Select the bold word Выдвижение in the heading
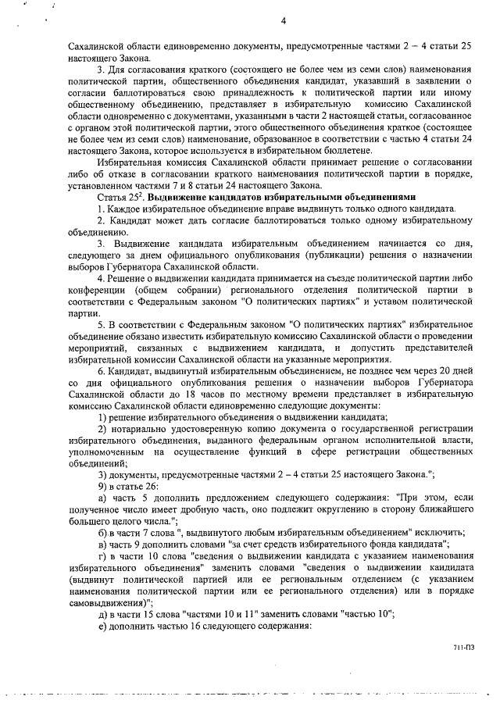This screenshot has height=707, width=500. pyautogui.click(x=177, y=198)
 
